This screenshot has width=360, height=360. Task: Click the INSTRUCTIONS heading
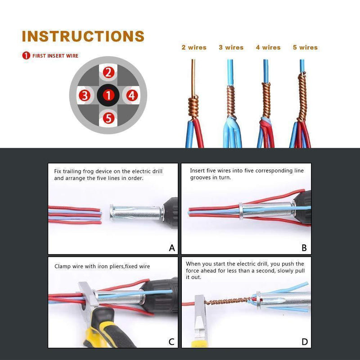point(83,36)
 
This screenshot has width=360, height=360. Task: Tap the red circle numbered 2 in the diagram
point(108,72)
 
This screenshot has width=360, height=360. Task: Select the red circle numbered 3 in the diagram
point(85,95)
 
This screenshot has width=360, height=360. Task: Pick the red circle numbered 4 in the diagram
point(131,95)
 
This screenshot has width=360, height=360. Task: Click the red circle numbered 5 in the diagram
point(108,118)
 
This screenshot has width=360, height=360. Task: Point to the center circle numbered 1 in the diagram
point(108,95)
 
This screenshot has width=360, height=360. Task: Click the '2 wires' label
point(193,47)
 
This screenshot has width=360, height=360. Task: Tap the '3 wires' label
point(231,47)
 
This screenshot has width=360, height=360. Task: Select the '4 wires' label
point(268,47)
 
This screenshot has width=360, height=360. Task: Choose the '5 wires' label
point(305,47)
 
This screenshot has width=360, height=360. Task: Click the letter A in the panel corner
point(171,248)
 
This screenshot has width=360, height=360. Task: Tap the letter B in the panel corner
point(304,248)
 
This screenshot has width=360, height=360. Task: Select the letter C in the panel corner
point(171,342)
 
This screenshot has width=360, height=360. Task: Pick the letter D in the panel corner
point(305,342)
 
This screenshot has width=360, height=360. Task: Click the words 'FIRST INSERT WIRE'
point(55,56)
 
